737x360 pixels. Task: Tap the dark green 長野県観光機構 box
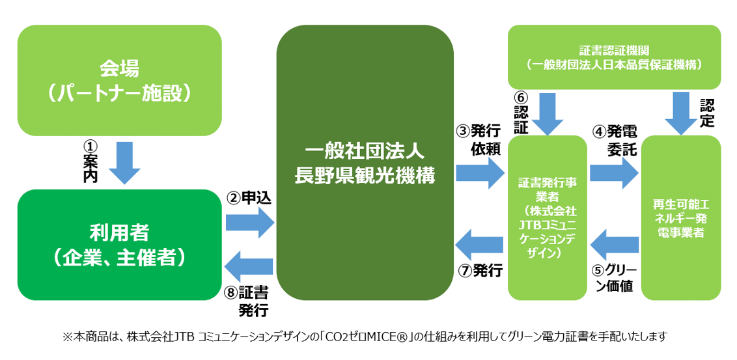[x=365, y=163]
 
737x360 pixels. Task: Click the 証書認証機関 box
[x=613, y=57]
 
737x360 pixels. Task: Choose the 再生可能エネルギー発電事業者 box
[x=680, y=217]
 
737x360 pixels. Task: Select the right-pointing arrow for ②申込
[x=250, y=221]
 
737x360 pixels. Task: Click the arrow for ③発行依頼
[x=480, y=173]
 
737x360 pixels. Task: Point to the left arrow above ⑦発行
[x=480, y=244]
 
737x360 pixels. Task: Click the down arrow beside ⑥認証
[x=547, y=112]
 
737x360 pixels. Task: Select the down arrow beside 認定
[x=681, y=112]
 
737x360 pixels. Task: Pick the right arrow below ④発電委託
[x=614, y=173]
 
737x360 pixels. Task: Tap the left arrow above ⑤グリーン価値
[x=614, y=244]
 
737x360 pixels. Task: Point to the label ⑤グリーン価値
[x=614, y=278]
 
